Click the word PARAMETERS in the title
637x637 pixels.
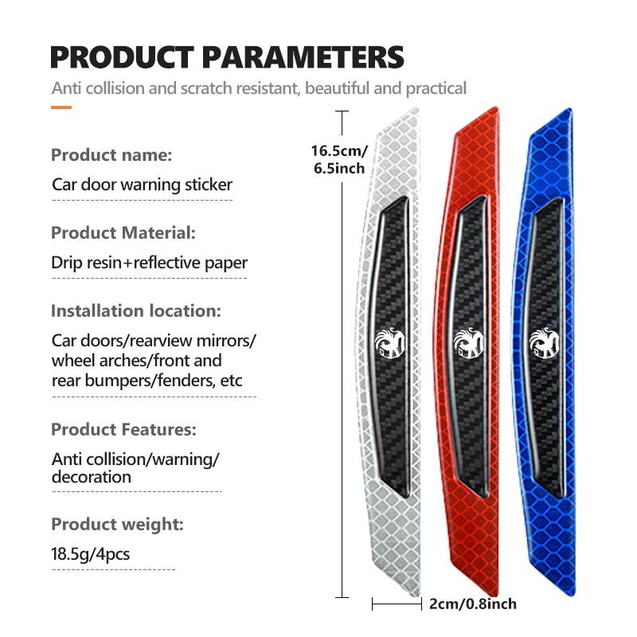click(x=303, y=57)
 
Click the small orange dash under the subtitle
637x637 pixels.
click(x=61, y=107)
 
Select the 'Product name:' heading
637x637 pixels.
click(x=111, y=155)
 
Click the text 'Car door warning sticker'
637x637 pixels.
click(x=143, y=185)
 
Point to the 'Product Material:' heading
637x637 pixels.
click(x=123, y=233)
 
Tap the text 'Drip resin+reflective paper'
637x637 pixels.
click(x=150, y=263)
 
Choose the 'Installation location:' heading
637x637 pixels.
click(x=136, y=311)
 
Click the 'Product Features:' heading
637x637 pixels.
click(x=124, y=429)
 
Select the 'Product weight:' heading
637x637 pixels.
click(x=117, y=525)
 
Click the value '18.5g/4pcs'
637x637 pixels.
click(x=91, y=554)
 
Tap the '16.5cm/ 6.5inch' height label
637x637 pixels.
click(x=340, y=159)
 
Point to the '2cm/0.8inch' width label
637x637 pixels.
click(x=473, y=604)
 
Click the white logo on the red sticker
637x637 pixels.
click(x=468, y=343)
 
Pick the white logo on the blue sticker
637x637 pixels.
click(x=545, y=343)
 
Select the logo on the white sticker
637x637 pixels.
click(x=389, y=343)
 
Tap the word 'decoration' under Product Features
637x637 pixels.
click(x=92, y=477)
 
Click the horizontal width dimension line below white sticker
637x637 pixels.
click(x=397, y=604)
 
